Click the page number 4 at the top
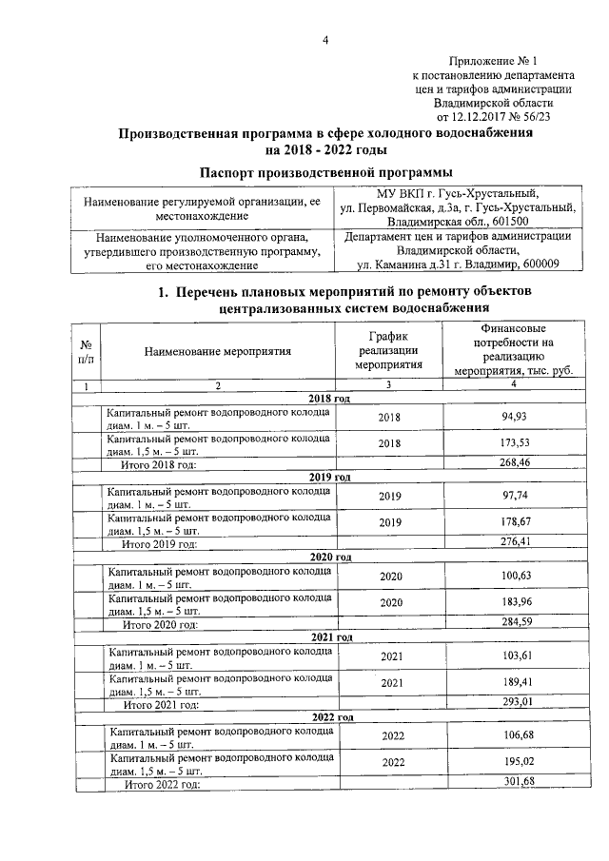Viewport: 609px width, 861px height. tap(325, 39)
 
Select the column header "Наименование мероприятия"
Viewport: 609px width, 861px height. tap(218, 350)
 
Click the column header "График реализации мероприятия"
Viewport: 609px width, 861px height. tap(387, 350)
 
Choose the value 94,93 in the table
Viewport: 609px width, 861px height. tap(513, 418)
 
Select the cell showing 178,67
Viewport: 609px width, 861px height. tap(513, 522)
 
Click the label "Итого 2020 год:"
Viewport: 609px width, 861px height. tap(161, 625)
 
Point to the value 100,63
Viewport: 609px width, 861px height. tap(513, 577)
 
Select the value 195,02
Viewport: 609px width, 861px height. tap(513, 763)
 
